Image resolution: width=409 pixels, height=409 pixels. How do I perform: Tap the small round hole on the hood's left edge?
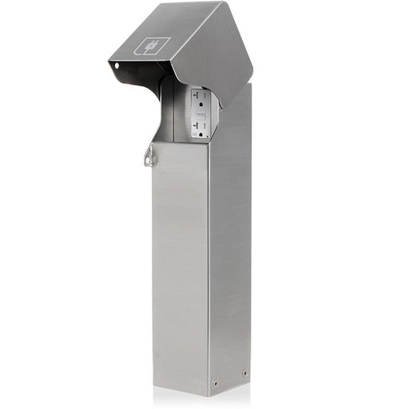(x=117, y=66)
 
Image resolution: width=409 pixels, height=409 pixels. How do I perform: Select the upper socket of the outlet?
(x=200, y=101)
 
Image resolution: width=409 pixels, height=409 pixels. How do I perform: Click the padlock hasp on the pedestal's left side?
(x=149, y=157)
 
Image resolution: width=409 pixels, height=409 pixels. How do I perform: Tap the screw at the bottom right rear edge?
(x=244, y=372)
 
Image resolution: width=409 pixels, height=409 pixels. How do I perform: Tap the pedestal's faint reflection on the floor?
(x=200, y=399)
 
